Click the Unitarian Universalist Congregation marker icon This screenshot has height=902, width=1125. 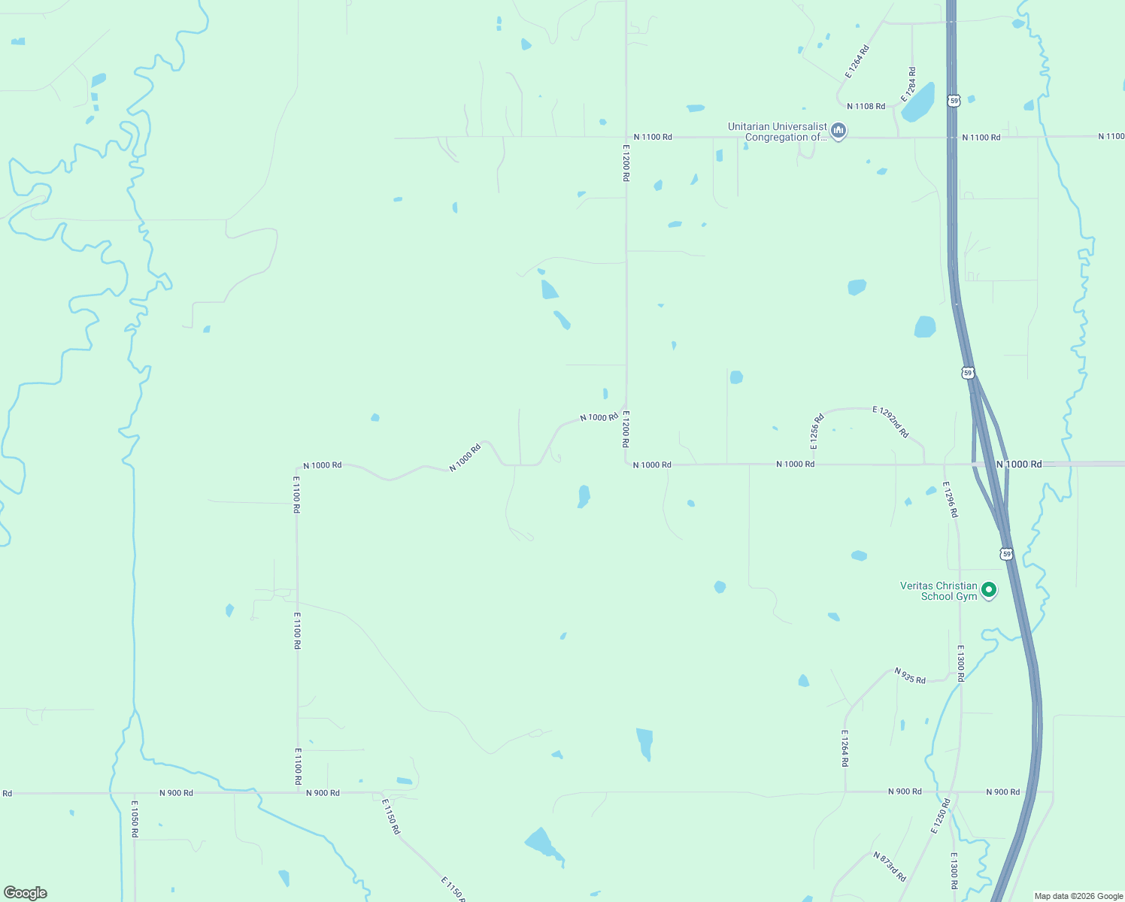pos(839,131)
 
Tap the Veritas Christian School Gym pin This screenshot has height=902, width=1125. pos(990,590)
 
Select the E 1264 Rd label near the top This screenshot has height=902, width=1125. pos(857,62)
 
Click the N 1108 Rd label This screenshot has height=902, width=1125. pos(866,107)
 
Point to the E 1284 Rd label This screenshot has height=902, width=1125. pos(911,84)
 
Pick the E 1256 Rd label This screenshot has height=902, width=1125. pos(817,431)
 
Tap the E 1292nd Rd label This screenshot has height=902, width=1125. pos(890,422)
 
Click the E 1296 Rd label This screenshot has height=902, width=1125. pos(951,499)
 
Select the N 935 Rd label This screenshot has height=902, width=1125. pos(910,675)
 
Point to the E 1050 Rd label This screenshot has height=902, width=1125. pos(135,819)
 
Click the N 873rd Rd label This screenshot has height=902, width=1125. pos(890,867)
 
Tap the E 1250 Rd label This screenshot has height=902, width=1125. pos(941,816)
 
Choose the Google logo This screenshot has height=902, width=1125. pos(26,893)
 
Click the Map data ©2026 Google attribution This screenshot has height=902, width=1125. pos(1078,896)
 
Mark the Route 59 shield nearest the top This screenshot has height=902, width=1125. pos(954,100)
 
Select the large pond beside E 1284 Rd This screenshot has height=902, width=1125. pos(919,103)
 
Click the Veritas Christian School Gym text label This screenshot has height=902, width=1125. pos(939,591)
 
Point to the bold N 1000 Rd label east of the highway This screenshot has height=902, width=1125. pos(1019,465)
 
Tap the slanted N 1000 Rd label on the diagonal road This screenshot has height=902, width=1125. pos(465,458)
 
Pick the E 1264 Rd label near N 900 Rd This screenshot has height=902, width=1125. pos(845,748)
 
